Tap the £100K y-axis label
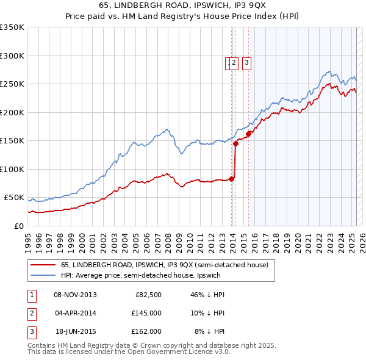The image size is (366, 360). point(12,169)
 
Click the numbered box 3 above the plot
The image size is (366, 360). point(246,62)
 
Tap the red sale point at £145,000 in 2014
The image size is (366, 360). point(235,143)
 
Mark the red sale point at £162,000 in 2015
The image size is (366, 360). point(249,134)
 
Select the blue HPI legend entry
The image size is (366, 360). point(140,276)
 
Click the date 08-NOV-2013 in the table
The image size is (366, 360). point(76,295)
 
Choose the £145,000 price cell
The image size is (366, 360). point(146,313)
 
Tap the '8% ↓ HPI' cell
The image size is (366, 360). point(209,331)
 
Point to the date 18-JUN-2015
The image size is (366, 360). point(76,331)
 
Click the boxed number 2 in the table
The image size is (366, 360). point(31,313)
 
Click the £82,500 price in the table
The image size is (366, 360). point(148,295)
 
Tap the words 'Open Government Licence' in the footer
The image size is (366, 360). point(182,351)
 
